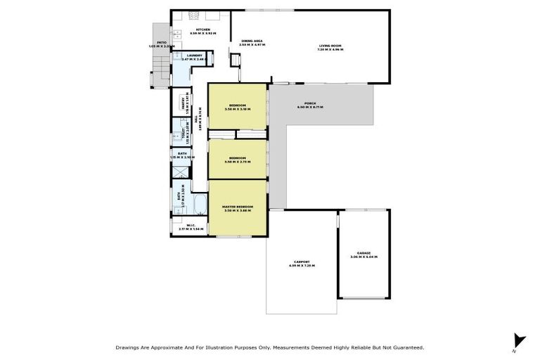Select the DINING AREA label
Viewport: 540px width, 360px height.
251,41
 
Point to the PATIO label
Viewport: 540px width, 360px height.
161,42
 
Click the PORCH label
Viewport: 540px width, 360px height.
309,103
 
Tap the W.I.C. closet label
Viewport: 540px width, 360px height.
191,225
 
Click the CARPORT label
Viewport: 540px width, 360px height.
302,262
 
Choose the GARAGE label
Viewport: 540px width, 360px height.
364,253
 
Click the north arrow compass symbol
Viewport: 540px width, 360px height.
519,340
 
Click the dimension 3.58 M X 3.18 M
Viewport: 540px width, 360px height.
237,109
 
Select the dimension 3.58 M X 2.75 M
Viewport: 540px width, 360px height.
237,162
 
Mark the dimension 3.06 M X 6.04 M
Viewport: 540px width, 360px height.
364,257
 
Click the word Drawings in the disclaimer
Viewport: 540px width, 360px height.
129,347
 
